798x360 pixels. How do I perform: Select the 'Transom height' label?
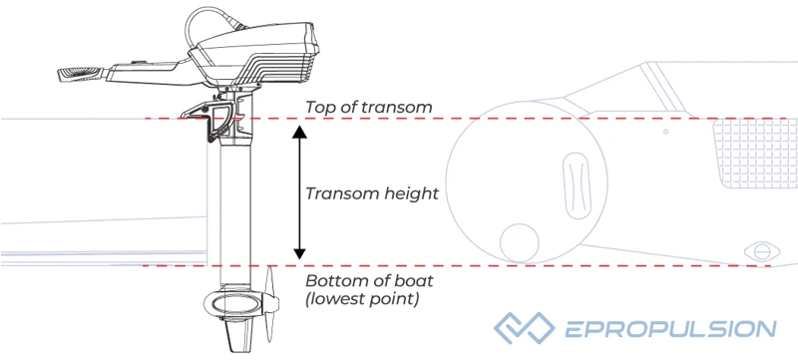click(372, 192)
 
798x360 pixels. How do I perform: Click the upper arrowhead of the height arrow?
click(298, 131)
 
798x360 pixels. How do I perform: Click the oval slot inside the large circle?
click(576, 184)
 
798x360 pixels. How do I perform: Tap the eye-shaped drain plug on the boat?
click(765, 249)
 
